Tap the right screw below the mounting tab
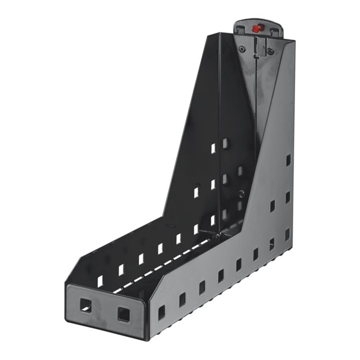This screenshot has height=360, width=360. [270, 51]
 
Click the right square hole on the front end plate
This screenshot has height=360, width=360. [123, 313]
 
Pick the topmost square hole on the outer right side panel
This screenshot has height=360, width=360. [288, 160]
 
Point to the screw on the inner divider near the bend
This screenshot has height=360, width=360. [242, 194]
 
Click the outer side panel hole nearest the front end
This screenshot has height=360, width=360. [162, 310]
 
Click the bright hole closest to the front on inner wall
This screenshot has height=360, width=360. [100, 281]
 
